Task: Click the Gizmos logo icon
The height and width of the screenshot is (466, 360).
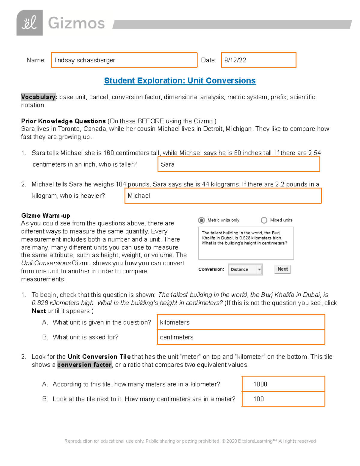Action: coord(29,23)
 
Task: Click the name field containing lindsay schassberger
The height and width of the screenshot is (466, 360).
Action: coord(124,60)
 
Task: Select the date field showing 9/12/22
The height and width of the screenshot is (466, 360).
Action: coord(258,60)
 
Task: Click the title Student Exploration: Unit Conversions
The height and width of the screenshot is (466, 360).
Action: coord(180,81)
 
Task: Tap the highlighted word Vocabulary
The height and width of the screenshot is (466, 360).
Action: coord(38,97)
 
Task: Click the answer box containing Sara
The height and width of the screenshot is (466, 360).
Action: coord(238,164)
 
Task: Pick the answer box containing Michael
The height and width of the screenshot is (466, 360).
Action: coord(223,196)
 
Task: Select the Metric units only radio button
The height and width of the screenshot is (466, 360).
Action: coord(201,220)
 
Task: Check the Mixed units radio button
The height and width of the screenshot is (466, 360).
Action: coord(264,220)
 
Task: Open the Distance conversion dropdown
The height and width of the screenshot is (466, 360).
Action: coord(245,269)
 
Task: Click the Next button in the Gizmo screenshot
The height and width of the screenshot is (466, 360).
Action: coord(282,269)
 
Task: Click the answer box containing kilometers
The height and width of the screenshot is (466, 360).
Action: coord(241,322)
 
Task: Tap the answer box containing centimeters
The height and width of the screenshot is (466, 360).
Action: coord(241,337)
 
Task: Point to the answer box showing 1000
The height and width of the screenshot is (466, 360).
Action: coord(283,384)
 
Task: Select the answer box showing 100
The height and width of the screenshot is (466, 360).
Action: coord(283,399)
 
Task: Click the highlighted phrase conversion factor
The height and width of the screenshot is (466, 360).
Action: coord(84,365)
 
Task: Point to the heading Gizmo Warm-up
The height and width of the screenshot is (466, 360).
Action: coord(46,215)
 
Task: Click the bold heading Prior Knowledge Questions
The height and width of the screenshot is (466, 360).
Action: coord(63,121)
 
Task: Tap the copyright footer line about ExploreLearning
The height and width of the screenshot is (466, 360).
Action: coord(190,441)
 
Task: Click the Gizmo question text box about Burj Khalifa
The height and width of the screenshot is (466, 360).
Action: coord(246,243)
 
